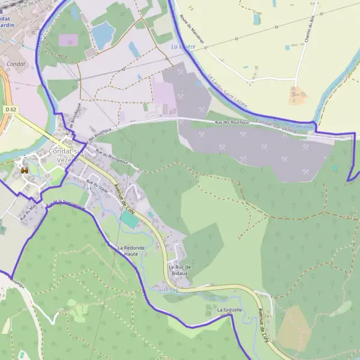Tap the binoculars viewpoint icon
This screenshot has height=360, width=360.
point(25,170)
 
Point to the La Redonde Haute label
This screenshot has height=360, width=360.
point(131,250)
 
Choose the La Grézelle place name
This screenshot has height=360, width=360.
point(229,310)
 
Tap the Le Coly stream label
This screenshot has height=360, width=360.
point(171,290)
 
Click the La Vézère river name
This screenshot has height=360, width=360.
point(183,46)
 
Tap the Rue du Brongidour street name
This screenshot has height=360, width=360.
point(115,157)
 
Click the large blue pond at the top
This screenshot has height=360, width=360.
point(103,34)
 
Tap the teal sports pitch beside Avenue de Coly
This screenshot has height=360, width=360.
point(129,219)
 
